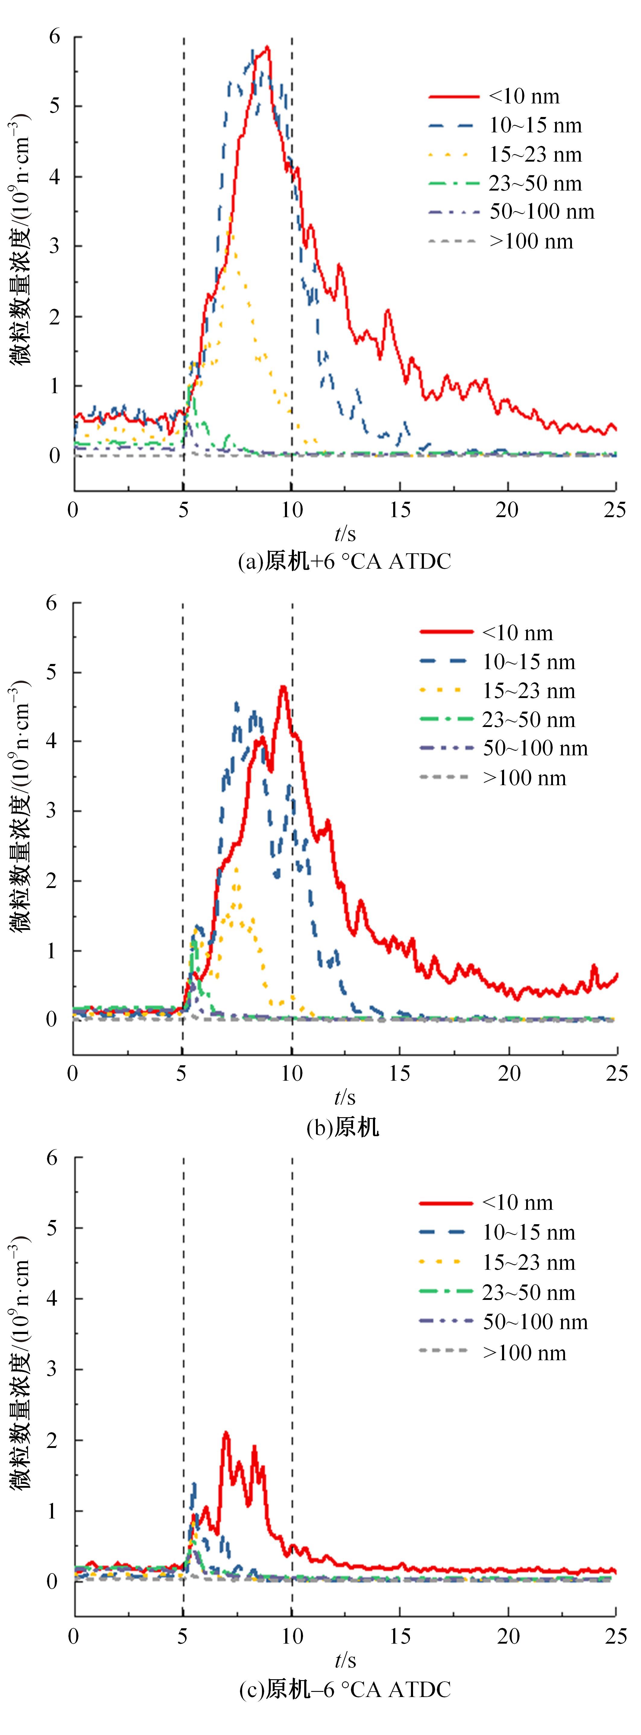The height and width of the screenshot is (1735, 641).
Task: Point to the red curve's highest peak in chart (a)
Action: click(267, 47)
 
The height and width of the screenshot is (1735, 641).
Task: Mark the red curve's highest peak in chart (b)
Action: click(283, 687)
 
